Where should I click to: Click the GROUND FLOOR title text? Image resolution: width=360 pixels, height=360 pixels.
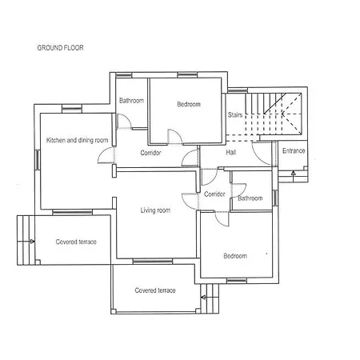(x=60, y=48)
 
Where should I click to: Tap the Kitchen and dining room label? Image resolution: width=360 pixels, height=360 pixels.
(x=77, y=140)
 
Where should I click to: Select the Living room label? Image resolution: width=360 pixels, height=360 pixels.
(x=155, y=210)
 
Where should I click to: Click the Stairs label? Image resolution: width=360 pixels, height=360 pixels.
(x=234, y=115)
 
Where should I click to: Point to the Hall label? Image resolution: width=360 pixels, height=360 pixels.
(x=231, y=152)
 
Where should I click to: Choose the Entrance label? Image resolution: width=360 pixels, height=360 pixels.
(x=294, y=150)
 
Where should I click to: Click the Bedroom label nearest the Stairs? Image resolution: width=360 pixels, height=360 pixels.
(x=188, y=104)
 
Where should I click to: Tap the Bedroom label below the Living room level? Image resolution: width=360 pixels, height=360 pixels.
(x=235, y=256)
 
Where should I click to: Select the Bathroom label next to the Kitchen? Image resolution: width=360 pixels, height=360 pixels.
(x=131, y=101)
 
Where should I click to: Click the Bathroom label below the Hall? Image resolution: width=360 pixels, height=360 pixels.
(x=250, y=198)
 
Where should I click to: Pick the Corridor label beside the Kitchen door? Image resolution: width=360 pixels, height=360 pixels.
(x=151, y=152)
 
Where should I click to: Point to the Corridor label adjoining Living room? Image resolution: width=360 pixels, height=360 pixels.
(x=214, y=194)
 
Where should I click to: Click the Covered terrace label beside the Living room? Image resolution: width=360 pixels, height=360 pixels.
(x=76, y=242)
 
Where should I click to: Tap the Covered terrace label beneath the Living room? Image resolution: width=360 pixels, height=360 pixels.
(x=155, y=290)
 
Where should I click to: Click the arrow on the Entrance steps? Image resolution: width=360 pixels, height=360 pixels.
(x=293, y=172)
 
